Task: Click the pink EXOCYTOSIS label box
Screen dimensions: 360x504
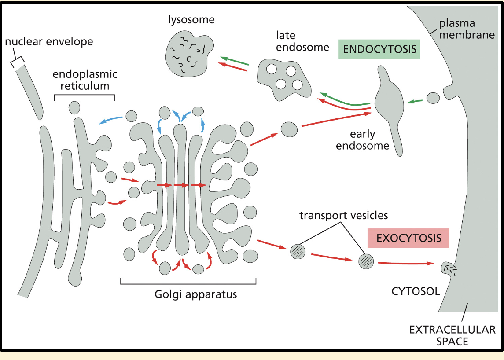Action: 408,238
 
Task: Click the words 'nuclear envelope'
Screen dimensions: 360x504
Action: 49,42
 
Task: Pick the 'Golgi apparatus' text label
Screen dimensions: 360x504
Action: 196,294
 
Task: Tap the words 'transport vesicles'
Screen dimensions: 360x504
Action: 343,215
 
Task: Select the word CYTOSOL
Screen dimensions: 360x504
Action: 416,291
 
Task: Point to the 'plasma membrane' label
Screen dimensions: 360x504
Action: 467,29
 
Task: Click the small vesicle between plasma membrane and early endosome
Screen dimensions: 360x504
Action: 433,98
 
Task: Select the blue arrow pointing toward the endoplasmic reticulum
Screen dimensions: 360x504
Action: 110,119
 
